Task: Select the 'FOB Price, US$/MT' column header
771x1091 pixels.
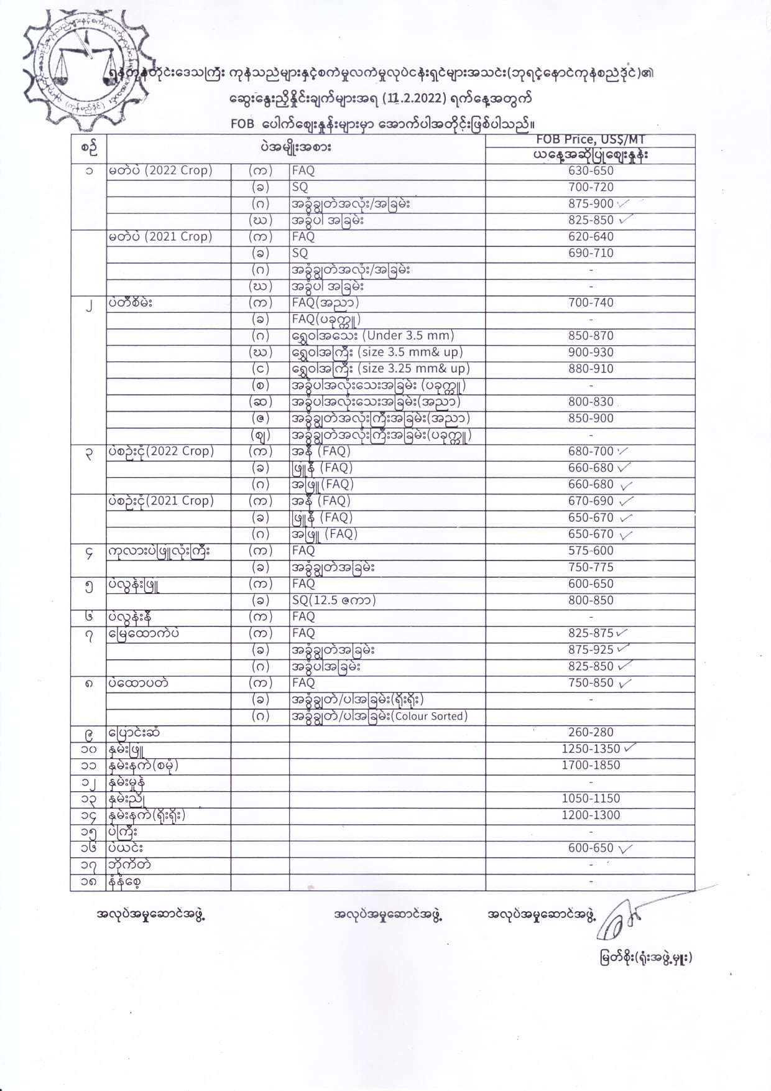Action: tap(590, 140)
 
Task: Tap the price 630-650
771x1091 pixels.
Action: tap(590, 170)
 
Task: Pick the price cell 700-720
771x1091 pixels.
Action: tap(590, 187)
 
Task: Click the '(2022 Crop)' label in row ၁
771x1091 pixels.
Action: tap(178, 170)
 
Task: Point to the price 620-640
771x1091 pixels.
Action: tap(590, 236)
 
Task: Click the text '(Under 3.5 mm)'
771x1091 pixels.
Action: tap(409, 336)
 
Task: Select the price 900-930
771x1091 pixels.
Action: tap(590, 352)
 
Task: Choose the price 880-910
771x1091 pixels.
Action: tap(590, 368)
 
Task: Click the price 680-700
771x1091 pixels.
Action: tap(590, 451)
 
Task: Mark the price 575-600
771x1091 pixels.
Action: tap(590, 550)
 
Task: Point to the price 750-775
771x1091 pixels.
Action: tap(590, 567)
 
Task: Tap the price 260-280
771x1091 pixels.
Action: tap(590, 732)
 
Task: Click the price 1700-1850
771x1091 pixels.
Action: tap(590, 765)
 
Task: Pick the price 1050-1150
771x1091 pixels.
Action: tap(590, 798)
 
